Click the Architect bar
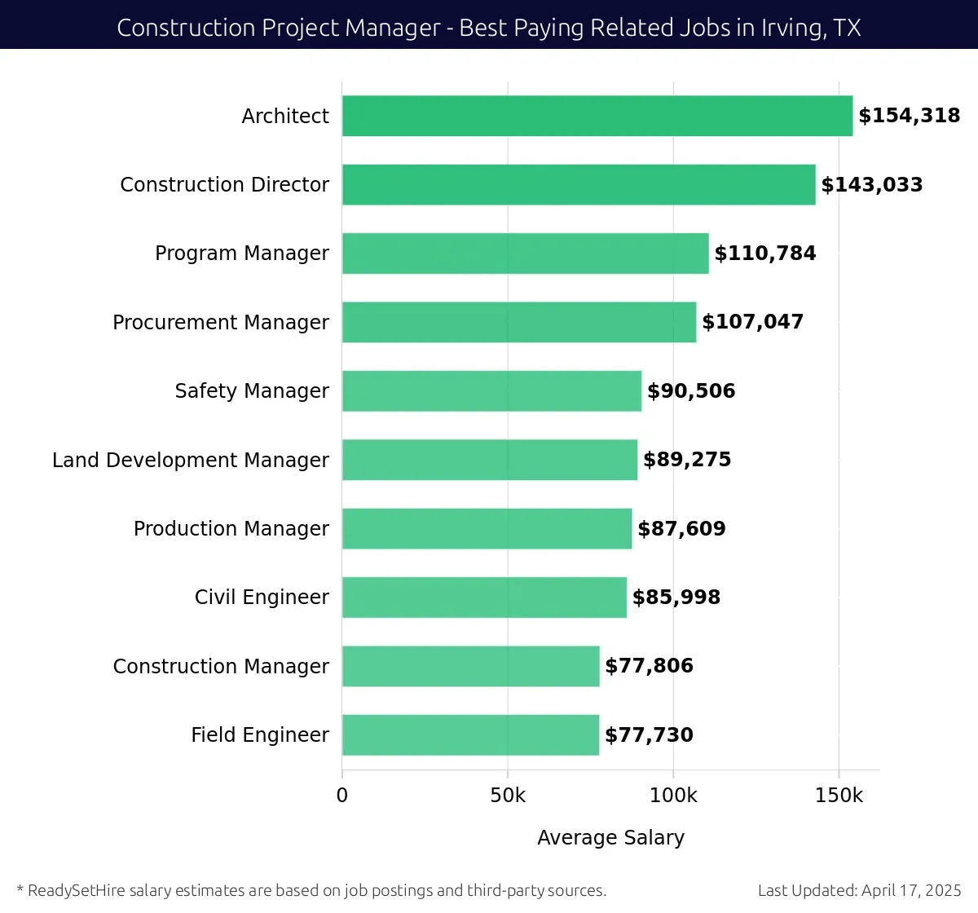point(597,116)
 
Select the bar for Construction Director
point(579,184)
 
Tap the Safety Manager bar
point(491,390)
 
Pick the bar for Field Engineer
point(470,734)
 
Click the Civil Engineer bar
point(484,597)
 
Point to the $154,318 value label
point(909,116)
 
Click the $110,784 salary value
point(764,254)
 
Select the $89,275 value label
point(686,460)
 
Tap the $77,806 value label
point(649,666)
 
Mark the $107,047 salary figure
point(752,322)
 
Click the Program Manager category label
point(242,254)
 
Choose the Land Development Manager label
point(191,460)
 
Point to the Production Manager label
point(231,528)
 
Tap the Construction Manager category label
point(221,666)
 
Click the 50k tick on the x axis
point(508,796)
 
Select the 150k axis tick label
point(839,796)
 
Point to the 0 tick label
point(342,796)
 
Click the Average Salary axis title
point(610,837)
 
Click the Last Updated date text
point(859,890)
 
